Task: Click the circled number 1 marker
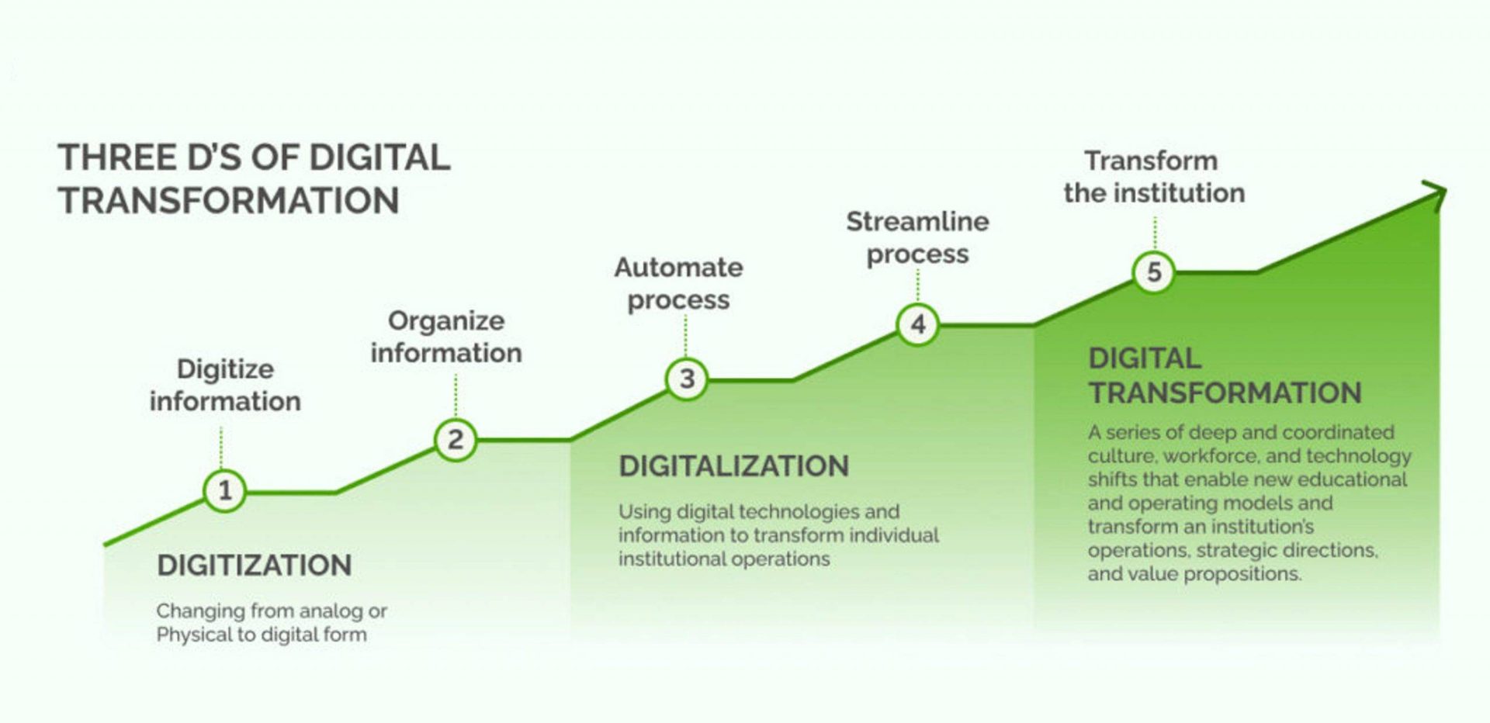(x=225, y=491)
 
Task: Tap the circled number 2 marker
(x=456, y=440)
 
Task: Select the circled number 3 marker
(x=687, y=379)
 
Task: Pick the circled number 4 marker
(x=918, y=324)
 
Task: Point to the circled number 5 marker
(x=1154, y=272)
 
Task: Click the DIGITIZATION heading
(x=255, y=566)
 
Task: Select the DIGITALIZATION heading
(x=734, y=466)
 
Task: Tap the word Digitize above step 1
(x=225, y=370)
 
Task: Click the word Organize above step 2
(x=446, y=322)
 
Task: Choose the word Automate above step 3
(x=679, y=268)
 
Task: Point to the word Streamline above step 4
(x=917, y=222)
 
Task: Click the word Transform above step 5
(x=1151, y=161)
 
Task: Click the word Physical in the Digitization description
(x=194, y=635)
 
